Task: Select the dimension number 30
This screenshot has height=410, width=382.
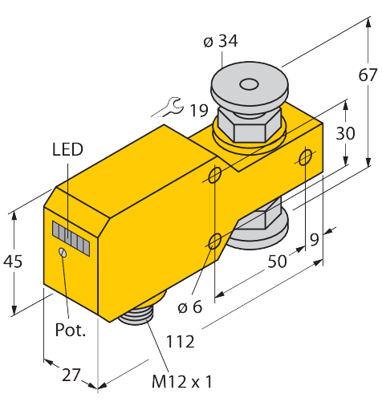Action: click(x=345, y=134)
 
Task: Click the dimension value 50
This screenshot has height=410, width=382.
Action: click(x=278, y=262)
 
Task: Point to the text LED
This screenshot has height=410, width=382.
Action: click(x=67, y=148)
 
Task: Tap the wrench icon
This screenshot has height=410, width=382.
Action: click(x=165, y=106)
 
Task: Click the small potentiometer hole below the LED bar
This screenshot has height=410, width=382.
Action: click(x=62, y=254)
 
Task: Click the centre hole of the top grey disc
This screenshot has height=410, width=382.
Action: click(x=248, y=83)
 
